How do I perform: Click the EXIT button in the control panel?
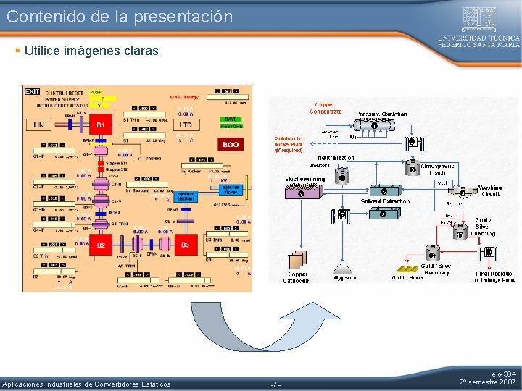pyautogui.click(x=32, y=91)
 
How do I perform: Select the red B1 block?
pyautogui.click(x=101, y=125)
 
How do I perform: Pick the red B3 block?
pyautogui.click(x=185, y=245)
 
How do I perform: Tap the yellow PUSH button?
pyautogui.click(x=96, y=92)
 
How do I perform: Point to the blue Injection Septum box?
pyautogui.click(x=185, y=196)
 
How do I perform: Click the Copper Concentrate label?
pyautogui.click(x=326, y=108)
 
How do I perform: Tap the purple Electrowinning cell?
pyautogui.click(x=301, y=193)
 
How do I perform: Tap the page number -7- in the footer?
pyautogui.click(x=275, y=384)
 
